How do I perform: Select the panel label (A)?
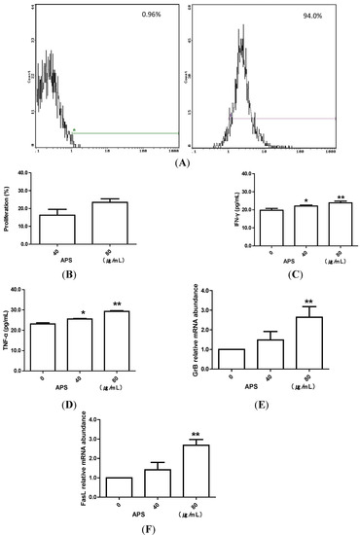pos(179,164)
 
